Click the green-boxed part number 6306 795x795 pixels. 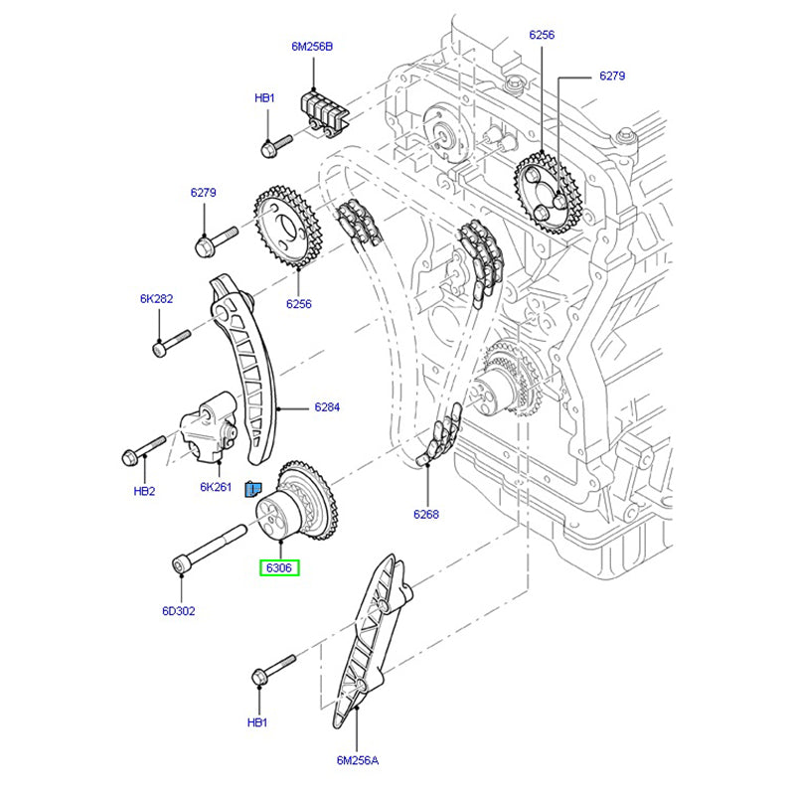[279, 568]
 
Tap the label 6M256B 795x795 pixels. [313, 46]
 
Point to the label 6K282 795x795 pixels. [156, 298]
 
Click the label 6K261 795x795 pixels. [216, 487]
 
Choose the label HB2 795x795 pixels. [145, 491]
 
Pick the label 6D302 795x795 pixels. [179, 611]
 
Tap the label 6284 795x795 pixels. [327, 407]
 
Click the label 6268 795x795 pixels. [426, 515]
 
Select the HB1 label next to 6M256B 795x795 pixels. [264, 97]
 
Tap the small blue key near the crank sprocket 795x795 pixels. [253, 487]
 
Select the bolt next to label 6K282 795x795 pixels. [172, 341]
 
